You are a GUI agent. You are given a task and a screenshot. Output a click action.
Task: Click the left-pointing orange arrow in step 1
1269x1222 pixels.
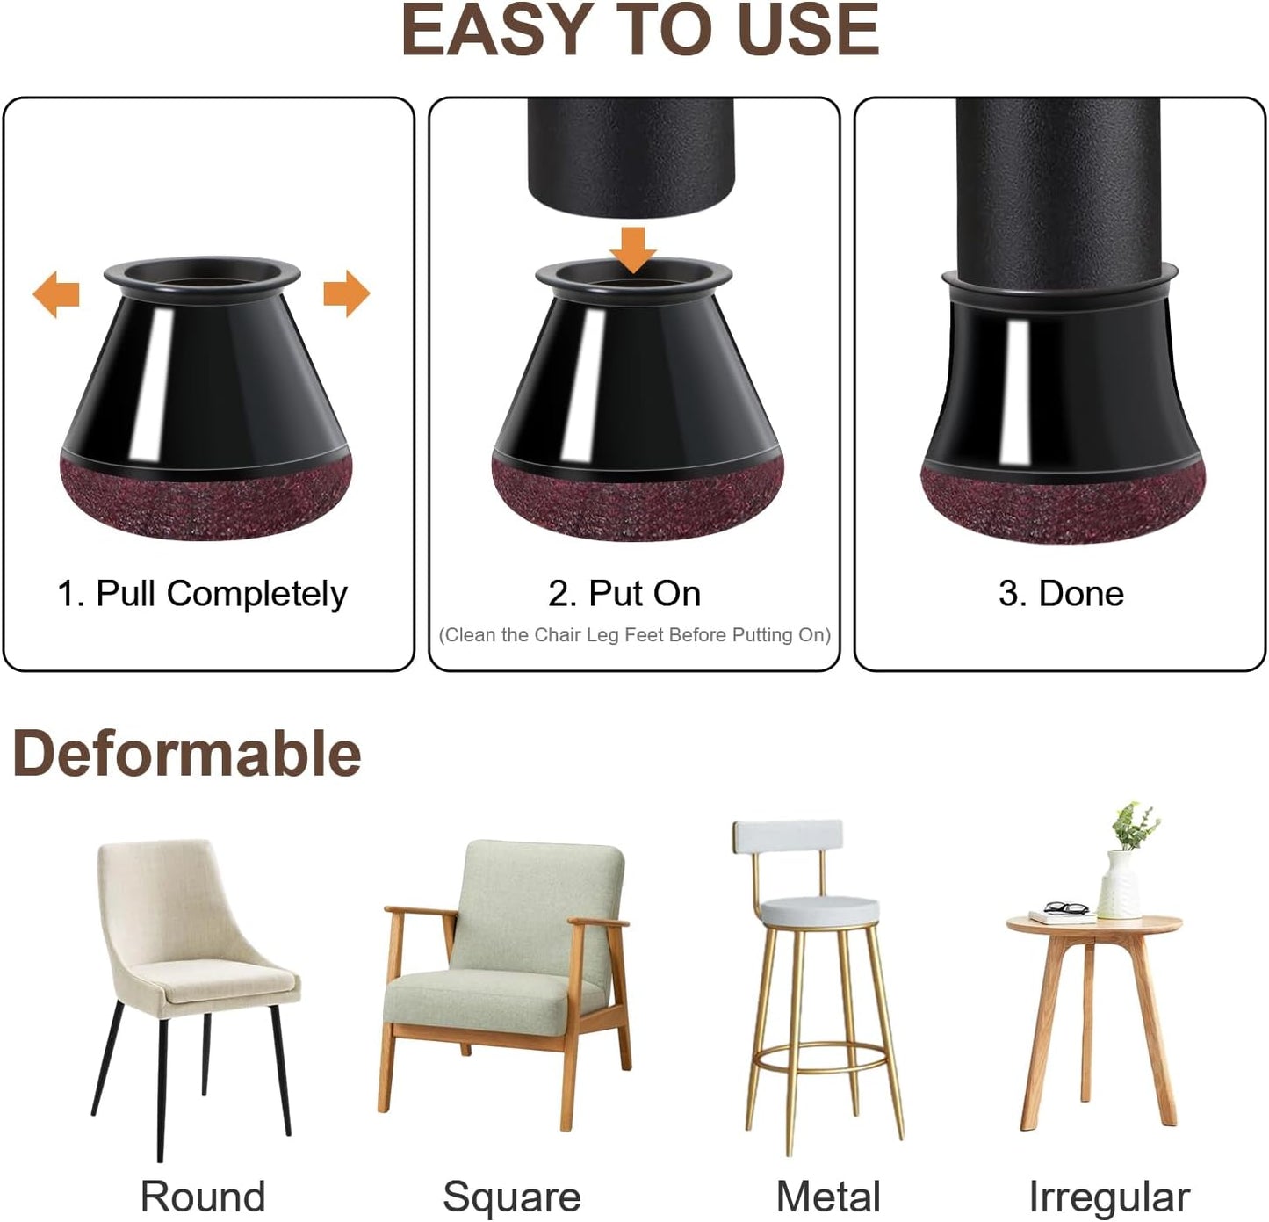coord(56,293)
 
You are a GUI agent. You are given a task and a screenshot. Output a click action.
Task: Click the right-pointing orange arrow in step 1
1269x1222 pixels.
coord(346,293)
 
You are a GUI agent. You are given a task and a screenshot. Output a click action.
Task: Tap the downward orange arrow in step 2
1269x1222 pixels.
coord(633,249)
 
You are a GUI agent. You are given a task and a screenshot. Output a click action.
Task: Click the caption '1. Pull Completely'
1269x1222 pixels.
coord(202,594)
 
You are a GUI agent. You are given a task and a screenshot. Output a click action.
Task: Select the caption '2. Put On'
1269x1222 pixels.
coord(624,594)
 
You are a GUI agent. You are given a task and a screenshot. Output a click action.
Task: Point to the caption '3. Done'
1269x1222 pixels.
coord(1061,594)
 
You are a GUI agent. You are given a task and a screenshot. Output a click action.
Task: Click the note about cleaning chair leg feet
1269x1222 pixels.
coord(634,635)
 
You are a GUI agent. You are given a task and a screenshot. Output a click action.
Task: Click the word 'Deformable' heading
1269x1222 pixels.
coord(187,754)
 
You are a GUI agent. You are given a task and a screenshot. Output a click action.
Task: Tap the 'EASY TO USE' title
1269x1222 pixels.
coord(640,32)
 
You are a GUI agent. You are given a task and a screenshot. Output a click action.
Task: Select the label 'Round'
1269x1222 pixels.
coord(202,1197)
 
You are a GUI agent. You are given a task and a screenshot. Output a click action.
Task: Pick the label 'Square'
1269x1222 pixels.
coord(511,1197)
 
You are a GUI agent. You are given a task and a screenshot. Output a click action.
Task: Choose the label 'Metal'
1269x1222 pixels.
coord(828,1197)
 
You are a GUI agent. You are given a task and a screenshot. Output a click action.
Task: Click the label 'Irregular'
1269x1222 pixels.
coord(1109,1197)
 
